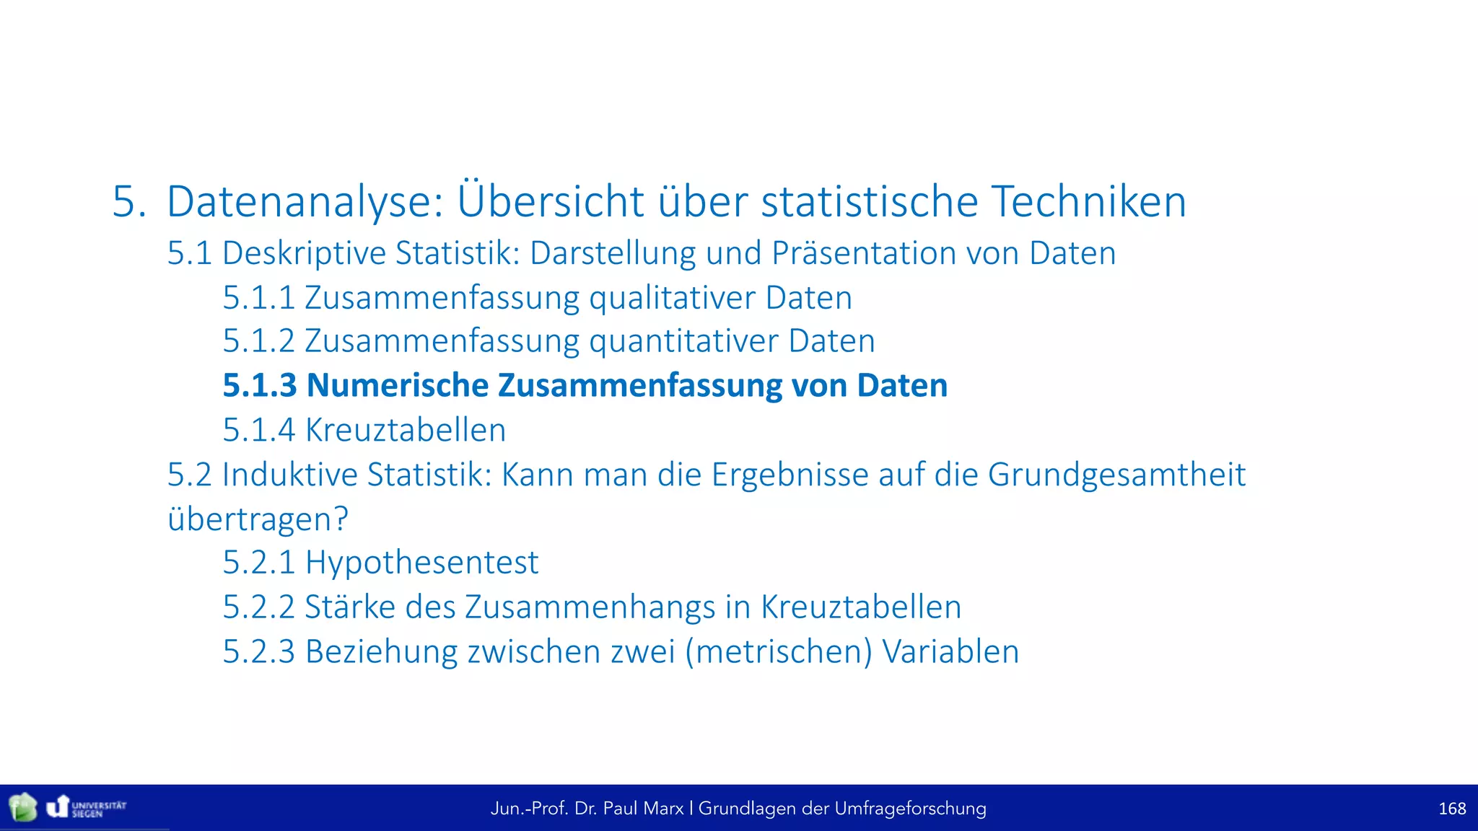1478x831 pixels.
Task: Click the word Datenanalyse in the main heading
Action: click(x=305, y=202)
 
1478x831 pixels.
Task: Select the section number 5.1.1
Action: click(x=258, y=298)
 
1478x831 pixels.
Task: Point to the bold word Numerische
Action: click(x=398, y=385)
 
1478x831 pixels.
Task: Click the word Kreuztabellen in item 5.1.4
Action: click(x=406, y=431)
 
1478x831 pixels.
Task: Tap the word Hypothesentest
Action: click(x=421, y=563)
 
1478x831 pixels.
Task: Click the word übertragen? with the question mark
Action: click(x=258, y=519)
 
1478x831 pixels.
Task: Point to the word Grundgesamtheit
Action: click(x=1116, y=475)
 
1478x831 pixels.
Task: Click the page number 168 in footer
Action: click(x=1451, y=809)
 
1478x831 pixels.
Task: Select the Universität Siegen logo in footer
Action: click(x=87, y=807)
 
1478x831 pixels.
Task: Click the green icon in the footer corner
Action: click(x=22, y=807)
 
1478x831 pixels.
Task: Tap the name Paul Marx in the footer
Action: click(x=643, y=809)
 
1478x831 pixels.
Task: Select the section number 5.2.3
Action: click(x=258, y=652)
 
